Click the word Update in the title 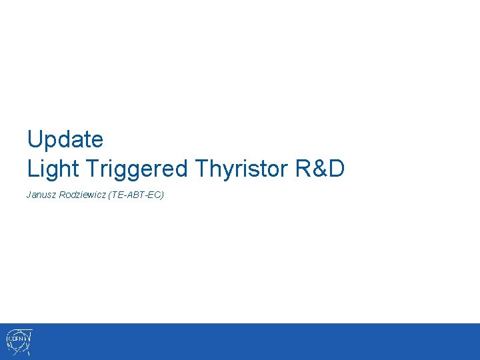point(65,140)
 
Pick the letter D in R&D point(336,169)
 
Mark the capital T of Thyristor point(201,169)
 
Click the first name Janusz point(41,195)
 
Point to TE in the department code point(122,195)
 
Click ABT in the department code point(139,195)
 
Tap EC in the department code point(156,195)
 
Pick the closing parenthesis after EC point(163,195)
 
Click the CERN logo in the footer point(19,341)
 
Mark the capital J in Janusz point(29,195)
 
